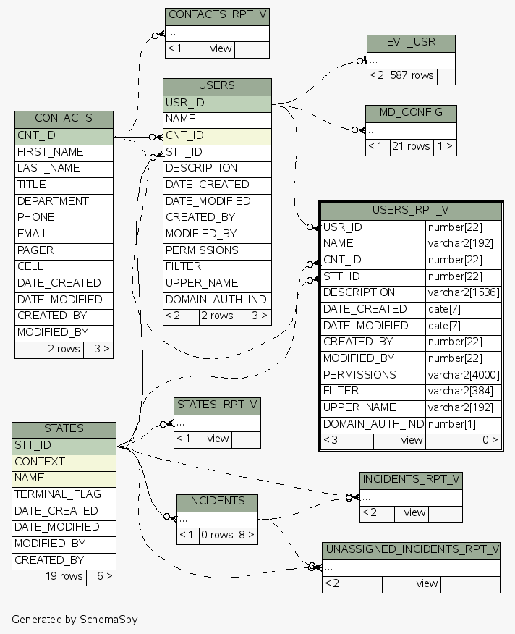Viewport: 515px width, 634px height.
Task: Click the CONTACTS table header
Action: pos(64,118)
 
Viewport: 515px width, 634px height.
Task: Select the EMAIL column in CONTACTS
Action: pos(64,234)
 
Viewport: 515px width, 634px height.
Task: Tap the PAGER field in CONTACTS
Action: pos(64,250)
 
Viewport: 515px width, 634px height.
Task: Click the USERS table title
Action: pos(217,85)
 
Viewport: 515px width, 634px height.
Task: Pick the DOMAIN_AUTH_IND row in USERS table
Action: pos(217,300)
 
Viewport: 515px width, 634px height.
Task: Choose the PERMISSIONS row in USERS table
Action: pos(217,250)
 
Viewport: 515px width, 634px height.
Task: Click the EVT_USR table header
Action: pos(411,42)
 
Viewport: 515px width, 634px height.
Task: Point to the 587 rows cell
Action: pos(412,75)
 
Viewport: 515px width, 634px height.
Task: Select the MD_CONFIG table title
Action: pos(411,113)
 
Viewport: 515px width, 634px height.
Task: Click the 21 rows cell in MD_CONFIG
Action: pos(411,146)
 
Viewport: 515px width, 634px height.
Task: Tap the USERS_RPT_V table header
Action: pos(411,210)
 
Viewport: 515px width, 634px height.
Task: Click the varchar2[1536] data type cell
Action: pos(464,293)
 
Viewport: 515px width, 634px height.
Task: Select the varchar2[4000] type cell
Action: pos(464,376)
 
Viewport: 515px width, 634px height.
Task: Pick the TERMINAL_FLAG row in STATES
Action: pos(64,495)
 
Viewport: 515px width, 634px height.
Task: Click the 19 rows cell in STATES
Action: pos(64,577)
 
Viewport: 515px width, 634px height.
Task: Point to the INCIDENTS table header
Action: pos(217,501)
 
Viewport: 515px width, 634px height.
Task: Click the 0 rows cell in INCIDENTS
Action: pos(217,536)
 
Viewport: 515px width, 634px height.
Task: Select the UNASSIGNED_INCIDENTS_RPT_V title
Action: pos(411,549)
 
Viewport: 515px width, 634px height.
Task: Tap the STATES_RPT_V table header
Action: pos(217,405)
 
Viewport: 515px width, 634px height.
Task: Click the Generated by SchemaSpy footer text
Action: pos(75,620)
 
